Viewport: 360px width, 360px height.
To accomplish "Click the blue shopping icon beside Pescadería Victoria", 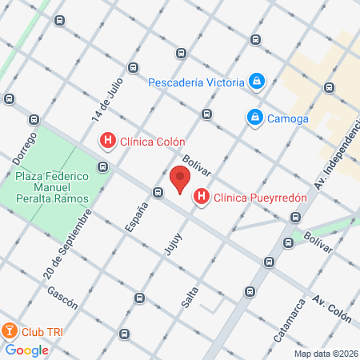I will pos(257,81).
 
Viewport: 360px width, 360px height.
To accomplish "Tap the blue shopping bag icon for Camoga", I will pos(254,118).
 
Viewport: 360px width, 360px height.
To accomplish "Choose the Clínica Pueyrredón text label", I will pos(250,195).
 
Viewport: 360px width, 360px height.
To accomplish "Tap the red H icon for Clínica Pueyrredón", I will pos(202,195).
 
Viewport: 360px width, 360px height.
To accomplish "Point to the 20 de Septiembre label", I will pos(71,238).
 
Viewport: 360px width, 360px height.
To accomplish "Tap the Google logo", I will pos(26,350).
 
